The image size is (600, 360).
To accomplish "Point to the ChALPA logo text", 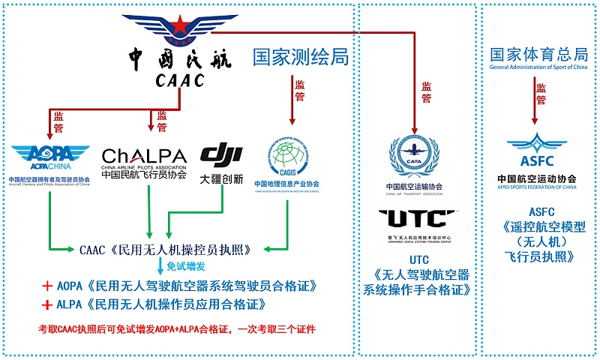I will (x=144, y=155).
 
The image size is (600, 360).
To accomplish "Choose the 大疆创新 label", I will (x=221, y=179).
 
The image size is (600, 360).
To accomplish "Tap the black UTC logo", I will (x=417, y=219).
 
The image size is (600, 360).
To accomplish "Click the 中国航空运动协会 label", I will (x=536, y=178).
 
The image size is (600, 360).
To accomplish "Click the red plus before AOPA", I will (x=46, y=286).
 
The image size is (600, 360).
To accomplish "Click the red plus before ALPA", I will (x=46, y=304).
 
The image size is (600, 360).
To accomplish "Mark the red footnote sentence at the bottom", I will (x=177, y=329).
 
